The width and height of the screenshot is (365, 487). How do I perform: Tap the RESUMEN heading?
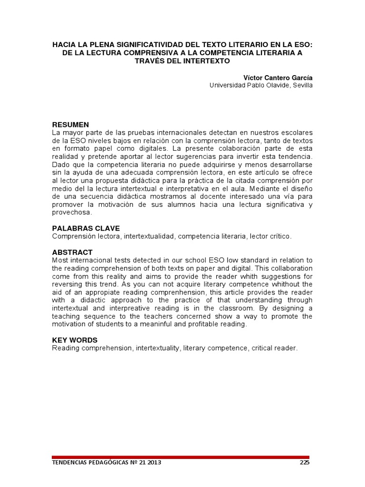click(70, 125)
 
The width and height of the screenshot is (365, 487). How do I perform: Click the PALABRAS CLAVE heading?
click(86, 228)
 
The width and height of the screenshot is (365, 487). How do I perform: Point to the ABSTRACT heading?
click(72, 252)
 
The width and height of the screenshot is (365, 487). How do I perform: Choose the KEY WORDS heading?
click(75, 340)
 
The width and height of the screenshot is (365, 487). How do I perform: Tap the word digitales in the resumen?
click(141, 148)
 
